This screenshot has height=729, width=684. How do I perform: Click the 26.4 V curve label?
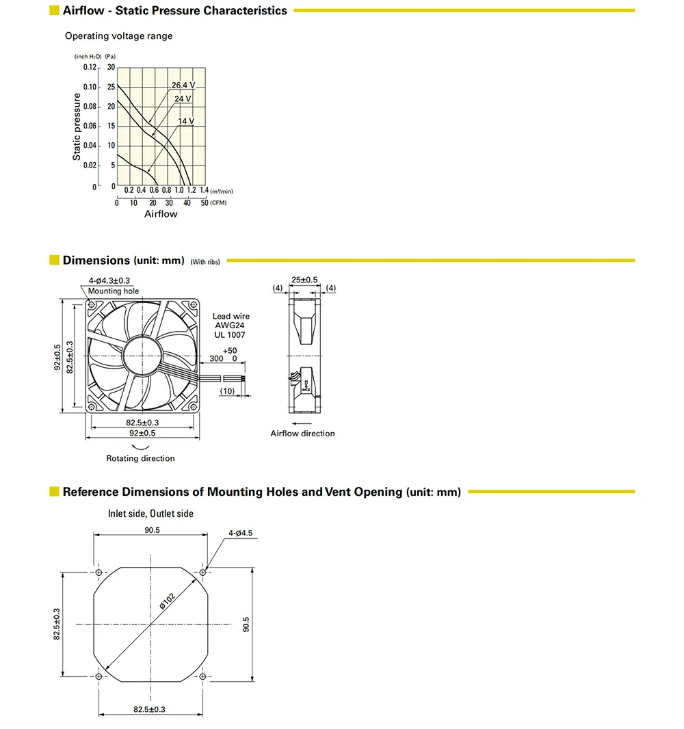pos(183,85)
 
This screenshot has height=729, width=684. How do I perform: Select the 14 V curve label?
pos(186,122)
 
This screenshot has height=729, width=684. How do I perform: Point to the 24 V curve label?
pos(183,99)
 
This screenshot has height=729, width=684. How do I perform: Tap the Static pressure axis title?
pos(77,127)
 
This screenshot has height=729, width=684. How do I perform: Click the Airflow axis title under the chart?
pos(161,214)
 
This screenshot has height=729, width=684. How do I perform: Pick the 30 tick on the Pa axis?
pos(111,68)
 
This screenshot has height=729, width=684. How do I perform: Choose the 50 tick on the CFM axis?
pos(203,202)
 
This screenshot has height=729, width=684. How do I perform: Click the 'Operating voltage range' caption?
pos(119,36)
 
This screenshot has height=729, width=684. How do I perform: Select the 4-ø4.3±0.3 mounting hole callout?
pos(109,280)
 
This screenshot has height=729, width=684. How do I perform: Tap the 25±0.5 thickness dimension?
pos(304,280)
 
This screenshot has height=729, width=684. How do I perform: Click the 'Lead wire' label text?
pos(231,317)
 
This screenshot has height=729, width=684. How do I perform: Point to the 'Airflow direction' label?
pos(302,434)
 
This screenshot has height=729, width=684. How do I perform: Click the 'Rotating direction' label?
pos(140,458)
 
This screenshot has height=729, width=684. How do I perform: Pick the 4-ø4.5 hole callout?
pos(241,531)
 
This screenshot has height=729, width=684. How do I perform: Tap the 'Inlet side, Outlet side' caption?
pos(150,514)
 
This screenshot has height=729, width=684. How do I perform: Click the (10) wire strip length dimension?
pos(228,390)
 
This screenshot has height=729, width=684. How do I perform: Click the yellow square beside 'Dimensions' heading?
pos(54,261)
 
